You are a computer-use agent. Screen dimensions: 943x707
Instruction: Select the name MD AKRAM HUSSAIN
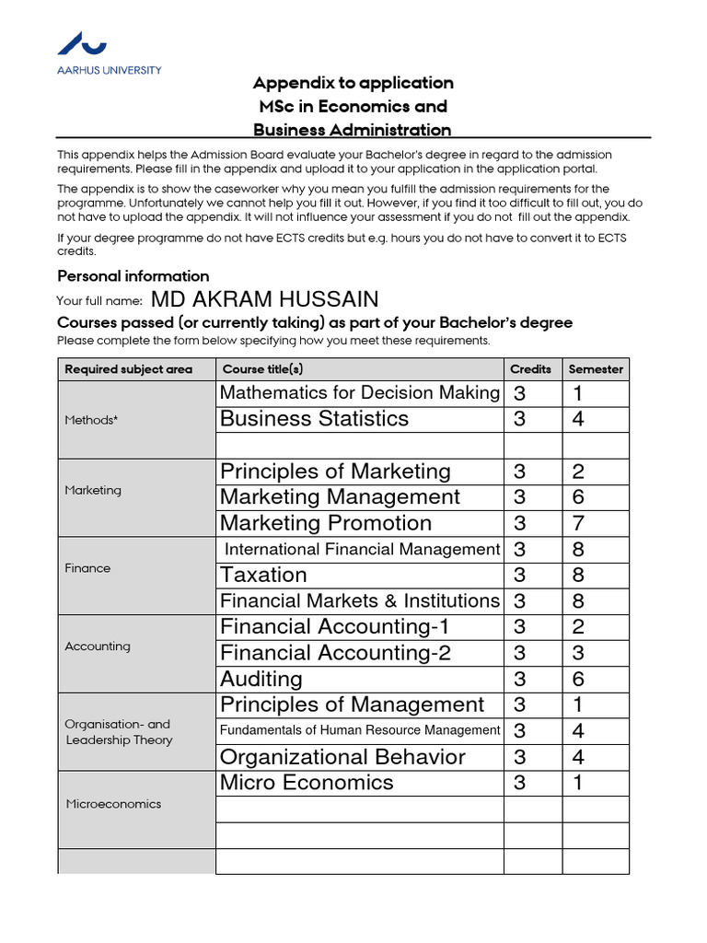[263, 299]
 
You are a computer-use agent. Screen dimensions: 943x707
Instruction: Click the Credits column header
[531, 369]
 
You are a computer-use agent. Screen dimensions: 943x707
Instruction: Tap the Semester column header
[596, 369]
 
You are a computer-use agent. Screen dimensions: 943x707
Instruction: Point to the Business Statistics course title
[314, 419]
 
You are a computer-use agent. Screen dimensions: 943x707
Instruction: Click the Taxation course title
[263, 576]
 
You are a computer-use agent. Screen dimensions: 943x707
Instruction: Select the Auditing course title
[261, 680]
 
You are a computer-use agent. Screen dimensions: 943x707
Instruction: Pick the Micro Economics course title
[307, 783]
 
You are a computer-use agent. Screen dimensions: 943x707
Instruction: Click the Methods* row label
[91, 420]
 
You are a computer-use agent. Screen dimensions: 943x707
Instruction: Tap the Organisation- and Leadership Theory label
[118, 732]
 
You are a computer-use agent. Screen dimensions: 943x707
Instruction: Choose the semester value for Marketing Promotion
[578, 524]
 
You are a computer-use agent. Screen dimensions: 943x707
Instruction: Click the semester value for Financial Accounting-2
[578, 654]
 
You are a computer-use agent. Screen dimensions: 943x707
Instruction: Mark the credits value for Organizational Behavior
[520, 758]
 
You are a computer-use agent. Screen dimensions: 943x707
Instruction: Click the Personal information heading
[133, 276]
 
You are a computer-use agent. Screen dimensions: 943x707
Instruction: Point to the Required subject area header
[128, 369]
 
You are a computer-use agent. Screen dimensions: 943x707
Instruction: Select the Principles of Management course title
[352, 705]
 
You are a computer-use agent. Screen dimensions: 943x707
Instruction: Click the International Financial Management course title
[362, 550]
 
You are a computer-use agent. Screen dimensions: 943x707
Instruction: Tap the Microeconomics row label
[113, 804]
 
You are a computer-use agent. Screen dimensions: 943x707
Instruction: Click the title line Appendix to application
[353, 83]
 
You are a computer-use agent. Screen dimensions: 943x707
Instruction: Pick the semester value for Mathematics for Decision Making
[578, 394]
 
